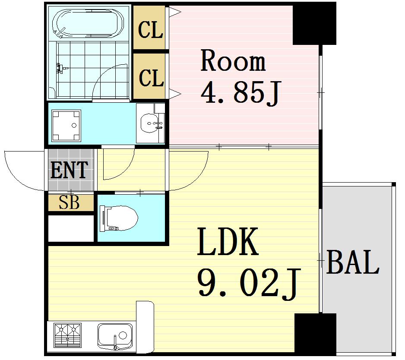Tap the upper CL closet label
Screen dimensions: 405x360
pos(151,30)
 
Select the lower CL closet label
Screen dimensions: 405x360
pos(152,78)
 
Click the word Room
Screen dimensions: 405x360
pos(233,61)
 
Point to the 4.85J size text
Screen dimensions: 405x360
pos(240,92)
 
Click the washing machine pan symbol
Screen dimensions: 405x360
pos(66,126)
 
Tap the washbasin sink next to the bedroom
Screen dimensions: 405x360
pos(150,123)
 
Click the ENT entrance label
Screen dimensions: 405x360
pos(69,170)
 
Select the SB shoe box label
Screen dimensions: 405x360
pos(69,203)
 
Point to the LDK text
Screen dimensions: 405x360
pos(228,242)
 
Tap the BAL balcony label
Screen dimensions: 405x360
pos(353,262)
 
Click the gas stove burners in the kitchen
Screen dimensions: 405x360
pos(68,336)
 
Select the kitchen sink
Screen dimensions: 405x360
pos(115,337)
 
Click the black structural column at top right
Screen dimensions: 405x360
pos(314,24)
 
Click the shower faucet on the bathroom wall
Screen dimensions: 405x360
pos(61,69)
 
